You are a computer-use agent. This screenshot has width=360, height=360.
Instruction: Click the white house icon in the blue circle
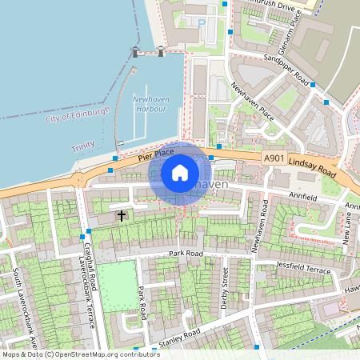[x=180, y=172]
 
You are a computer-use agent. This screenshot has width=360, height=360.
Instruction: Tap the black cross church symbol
[x=122, y=215]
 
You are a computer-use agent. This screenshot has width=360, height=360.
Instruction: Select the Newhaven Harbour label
[x=150, y=104]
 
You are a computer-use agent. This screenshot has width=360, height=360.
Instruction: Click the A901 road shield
[x=273, y=159]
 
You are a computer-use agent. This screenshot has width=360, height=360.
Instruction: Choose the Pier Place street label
[x=155, y=154]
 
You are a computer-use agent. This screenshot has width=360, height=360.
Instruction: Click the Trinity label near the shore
[x=82, y=148]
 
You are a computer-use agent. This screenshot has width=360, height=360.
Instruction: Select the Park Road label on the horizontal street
[x=186, y=254]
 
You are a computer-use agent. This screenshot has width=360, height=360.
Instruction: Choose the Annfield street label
[x=303, y=197]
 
